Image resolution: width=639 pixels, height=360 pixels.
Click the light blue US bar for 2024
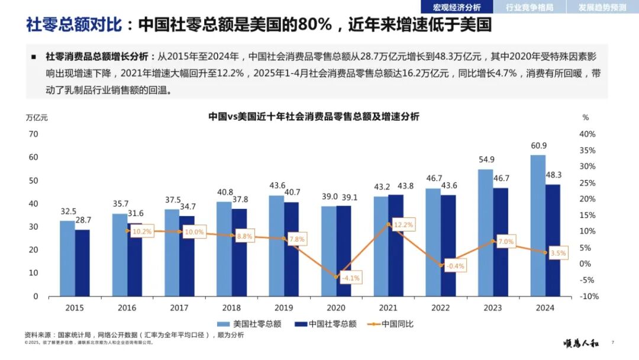(x=538, y=225)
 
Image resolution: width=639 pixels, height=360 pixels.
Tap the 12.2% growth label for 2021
(x=403, y=225)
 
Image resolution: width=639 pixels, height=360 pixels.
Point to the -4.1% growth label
(x=350, y=278)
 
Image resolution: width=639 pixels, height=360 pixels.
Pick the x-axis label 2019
(x=283, y=308)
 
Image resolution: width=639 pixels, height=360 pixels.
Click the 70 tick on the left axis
(x=34, y=134)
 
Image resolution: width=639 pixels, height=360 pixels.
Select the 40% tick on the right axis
(x=588, y=134)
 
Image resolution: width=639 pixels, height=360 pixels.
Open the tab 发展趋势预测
(x=601, y=7)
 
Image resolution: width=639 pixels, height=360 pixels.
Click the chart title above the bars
(x=314, y=117)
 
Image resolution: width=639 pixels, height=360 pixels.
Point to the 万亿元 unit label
(x=37, y=117)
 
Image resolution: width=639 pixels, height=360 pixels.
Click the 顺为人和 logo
(x=580, y=343)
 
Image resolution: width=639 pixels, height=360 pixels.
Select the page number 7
(x=612, y=342)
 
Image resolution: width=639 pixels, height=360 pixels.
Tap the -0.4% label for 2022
(x=455, y=266)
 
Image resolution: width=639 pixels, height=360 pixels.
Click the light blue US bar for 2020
(x=328, y=251)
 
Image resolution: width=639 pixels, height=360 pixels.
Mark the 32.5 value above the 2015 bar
(x=69, y=211)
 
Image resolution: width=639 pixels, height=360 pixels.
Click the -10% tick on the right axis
(x=588, y=296)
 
